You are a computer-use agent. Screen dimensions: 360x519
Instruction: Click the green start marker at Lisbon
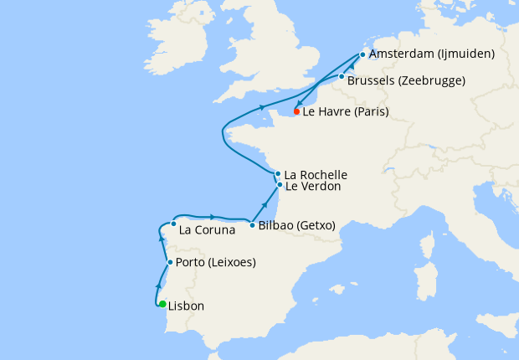point(162,305)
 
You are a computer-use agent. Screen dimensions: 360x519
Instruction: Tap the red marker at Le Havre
point(297,111)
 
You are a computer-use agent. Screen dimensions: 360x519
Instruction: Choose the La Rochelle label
point(316,175)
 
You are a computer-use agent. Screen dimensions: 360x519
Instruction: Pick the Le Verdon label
point(313,187)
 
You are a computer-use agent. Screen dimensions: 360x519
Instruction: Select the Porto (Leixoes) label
point(216,263)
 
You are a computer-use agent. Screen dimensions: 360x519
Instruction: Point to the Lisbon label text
point(186,306)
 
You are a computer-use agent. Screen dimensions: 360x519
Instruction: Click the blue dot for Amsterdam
point(362,54)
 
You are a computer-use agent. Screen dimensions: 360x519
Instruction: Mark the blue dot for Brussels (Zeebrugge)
point(342,76)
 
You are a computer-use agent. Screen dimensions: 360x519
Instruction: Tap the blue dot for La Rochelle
point(278,174)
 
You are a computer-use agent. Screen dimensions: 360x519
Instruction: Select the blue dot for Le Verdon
point(280,184)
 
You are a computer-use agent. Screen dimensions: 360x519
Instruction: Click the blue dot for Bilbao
point(252,224)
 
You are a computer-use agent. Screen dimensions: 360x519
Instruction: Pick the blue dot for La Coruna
point(173,224)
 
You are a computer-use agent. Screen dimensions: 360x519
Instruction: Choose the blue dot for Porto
point(170,262)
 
